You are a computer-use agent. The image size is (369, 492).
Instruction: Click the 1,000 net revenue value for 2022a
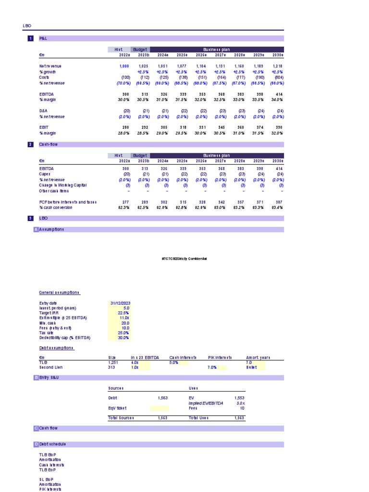tap(124, 66)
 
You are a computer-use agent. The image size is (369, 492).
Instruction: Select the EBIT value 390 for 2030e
tap(278, 127)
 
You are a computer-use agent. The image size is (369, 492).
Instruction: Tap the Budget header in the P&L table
tap(140, 49)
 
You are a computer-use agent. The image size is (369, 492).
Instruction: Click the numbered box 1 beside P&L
tap(30, 38)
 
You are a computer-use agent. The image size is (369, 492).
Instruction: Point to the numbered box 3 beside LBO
tap(30, 218)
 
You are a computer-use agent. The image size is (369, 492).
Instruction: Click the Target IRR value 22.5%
tap(123, 313)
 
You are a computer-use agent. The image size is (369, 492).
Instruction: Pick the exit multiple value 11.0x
tap(124, 318)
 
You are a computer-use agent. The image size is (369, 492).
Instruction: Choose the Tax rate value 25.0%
tap(123, 332)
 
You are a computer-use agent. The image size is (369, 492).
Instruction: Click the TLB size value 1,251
tap(113, 362)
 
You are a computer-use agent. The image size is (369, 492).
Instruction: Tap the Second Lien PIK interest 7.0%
tap(212, 367)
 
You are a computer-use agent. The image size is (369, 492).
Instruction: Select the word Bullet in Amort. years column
tap(251, 367)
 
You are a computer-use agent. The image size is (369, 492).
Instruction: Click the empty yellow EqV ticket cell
tap(159, 408)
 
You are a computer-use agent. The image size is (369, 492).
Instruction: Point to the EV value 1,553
tap(239, 398)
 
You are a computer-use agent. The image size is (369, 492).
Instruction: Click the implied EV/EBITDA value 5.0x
tap(240, 403)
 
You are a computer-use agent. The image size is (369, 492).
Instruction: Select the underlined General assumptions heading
tap(60, 292)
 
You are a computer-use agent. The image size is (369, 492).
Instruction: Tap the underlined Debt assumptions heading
tap(57, 347)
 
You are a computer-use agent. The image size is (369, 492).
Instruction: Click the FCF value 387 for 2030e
tap(278, 202)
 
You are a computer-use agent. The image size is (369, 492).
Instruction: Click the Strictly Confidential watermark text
tap(184, 258)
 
